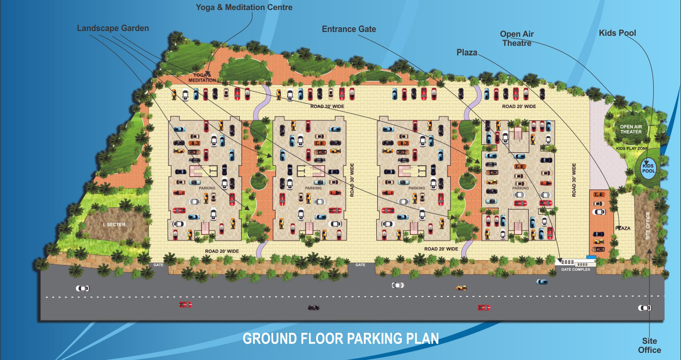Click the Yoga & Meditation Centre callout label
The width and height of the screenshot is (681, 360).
pyautogui.click(x=244, y=7)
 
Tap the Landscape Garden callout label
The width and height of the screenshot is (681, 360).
pyautogui.click(x=113, y=28)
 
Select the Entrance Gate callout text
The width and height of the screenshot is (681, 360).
pyautogui.click(x=349, y=29)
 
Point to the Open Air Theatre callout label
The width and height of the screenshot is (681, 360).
pyautogui.click(x=517, y=38)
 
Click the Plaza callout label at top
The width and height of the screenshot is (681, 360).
pyautogui.click(x=467, y=53)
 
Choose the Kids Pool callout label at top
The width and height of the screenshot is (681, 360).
pyautogui.click(x=617, y=33)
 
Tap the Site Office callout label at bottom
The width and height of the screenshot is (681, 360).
pyautogui.click(x=649, y=345)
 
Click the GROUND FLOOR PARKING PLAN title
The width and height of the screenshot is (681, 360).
pyautogui.click(x=340, y=339)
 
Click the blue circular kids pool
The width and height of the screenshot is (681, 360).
pyautogui.click(x=648, y=168)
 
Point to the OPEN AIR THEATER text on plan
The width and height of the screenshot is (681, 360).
pyautogui.click(x=631, y=129)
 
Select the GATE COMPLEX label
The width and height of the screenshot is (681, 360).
pyautogui.click(x=575, y=269)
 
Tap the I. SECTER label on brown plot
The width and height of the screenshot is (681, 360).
pyautogui.click(x=114, y=224)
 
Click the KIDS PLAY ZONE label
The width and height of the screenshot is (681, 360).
pyautogui.click(x=632, y=148)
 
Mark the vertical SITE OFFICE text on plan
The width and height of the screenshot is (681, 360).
pyautogui.click(x=648, y=226)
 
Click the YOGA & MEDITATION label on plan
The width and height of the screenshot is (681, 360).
pyautogui.click(x=202, y=77)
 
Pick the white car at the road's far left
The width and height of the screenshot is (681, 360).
pyautogui.click(x=83, y=288)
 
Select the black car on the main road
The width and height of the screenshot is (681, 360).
pyautogui.click(x=313, y=307)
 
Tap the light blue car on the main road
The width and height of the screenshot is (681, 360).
pyautogui.click(x=542, y=282)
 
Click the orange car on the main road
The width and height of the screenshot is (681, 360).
pyautogui.click(x=461, y=287)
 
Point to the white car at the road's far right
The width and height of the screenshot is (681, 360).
pyautogui.click(x=645, y=307)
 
